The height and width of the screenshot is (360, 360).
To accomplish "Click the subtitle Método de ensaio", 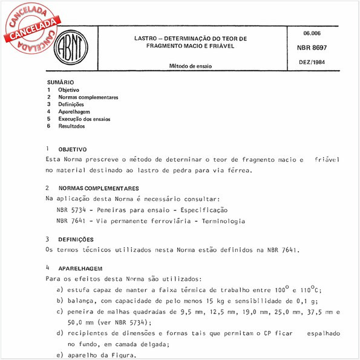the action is coord(190,65).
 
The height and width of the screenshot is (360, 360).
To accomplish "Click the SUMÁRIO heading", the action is coord(61,82).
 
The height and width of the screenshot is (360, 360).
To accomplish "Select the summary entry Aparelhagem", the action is coord(75,112).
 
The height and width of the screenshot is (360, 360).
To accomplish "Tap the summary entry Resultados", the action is coord(72,126).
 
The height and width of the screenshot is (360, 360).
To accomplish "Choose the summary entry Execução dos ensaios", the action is coord(84,119).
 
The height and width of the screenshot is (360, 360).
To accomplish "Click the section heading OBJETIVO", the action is coord(73,149).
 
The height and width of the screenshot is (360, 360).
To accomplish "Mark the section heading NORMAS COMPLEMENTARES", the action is coord(99,188).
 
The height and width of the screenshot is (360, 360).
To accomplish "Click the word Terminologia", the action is coord(222,221).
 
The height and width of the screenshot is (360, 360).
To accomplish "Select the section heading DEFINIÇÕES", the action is coord(76,240).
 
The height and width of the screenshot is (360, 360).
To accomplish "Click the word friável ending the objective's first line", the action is coord(327,160).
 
